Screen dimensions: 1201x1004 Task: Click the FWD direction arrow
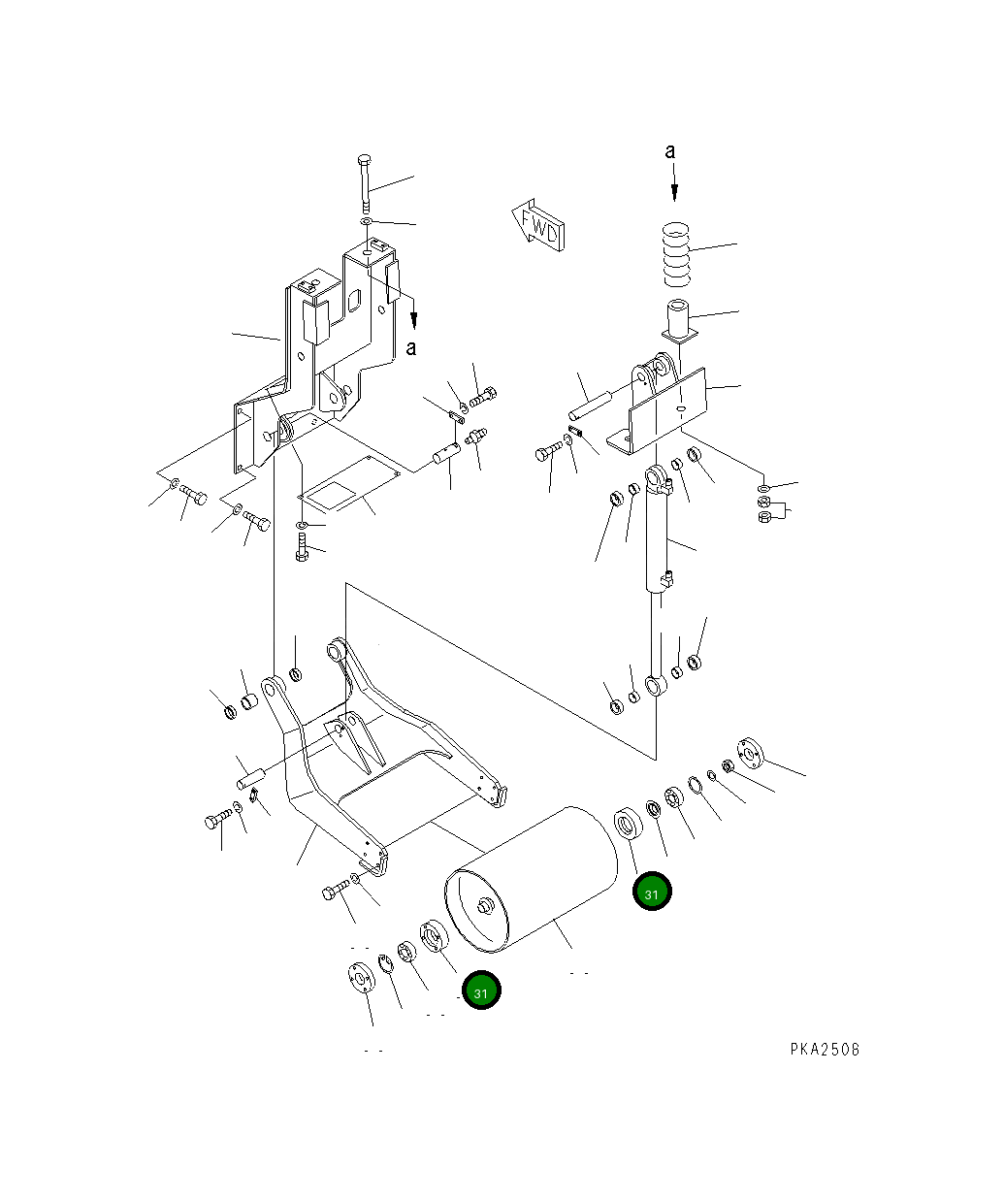click(x=539, y=226)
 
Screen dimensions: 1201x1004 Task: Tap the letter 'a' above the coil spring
click(x=669, y=151)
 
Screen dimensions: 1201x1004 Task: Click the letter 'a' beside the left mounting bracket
click(x=411, y=347)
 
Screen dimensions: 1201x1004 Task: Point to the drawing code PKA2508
click(x=824, y=1050)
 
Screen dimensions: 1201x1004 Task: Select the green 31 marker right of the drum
click(x=652, y=893)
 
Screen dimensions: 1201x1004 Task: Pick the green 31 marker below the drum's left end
click(x=481, y=990)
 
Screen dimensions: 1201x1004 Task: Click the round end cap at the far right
click(x=751, y=750)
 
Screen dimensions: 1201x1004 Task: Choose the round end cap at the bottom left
click(x=359, y=977)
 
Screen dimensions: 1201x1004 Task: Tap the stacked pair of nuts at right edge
click(x=764, y=508)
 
